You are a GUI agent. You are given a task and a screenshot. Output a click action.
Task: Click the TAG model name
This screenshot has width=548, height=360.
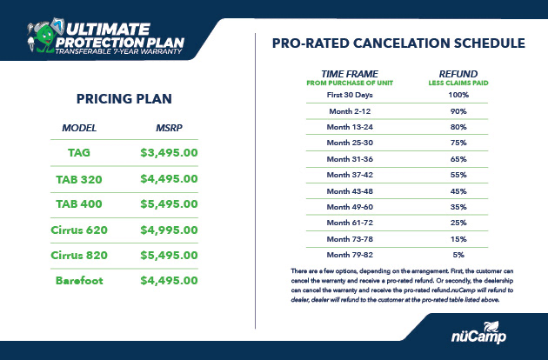tap(79, 153)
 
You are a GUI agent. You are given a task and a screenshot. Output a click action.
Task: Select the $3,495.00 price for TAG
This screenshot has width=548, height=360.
tap(169, 153)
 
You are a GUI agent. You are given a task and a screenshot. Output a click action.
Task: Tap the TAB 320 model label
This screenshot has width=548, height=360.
tap(79, 179)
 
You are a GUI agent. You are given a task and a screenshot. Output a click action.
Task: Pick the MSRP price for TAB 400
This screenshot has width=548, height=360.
tap(169, 203)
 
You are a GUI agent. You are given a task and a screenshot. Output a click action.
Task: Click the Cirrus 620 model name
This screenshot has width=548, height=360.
tap(79, 230)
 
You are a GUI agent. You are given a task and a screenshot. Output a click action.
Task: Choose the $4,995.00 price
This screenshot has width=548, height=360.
tap(169, 230)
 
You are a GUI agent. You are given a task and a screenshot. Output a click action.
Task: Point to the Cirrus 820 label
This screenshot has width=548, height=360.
tap(79, 255)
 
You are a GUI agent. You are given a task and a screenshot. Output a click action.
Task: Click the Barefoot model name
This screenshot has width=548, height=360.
tap(79, 280)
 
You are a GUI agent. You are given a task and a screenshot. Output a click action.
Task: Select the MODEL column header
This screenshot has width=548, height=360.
tap(79, 128)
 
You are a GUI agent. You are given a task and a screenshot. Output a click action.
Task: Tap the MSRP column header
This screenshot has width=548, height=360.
tap(169, 128)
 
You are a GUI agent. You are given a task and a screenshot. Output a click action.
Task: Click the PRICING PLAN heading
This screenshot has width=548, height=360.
tap(124, 99)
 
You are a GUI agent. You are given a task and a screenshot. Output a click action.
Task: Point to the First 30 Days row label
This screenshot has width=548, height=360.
tap(350, 95)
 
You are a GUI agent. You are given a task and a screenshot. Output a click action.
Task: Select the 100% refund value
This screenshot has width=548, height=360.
tap(458, 95)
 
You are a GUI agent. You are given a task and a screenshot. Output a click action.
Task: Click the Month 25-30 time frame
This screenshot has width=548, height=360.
tap(350, 143)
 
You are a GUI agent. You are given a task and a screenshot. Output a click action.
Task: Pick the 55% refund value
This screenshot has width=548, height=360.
tap(458, 175)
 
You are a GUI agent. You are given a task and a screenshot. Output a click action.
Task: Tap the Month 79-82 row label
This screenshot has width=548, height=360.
tap(350, 255)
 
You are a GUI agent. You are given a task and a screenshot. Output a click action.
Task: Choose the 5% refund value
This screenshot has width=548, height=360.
tap(458, 255)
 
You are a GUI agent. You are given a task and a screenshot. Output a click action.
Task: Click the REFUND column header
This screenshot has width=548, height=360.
tap(458, 74)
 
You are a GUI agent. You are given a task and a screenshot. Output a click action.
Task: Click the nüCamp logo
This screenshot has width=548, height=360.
tap(478, 332)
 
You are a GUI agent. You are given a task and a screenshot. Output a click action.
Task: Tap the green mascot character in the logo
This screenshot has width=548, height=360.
tap(43, 37)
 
